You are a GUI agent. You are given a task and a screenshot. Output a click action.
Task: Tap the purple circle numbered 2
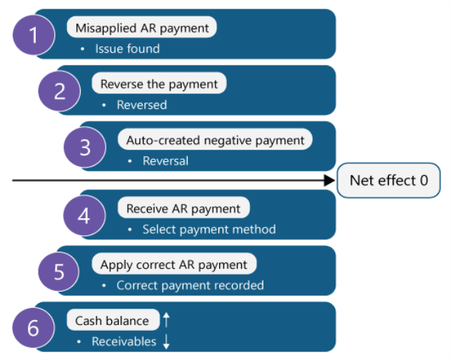(60, 91)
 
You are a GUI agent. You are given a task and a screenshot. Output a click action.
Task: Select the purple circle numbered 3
(85, 147)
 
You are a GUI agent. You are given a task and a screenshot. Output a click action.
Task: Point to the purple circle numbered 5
(60, 272)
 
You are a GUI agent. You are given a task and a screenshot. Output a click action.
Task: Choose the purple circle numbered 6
(34, 328)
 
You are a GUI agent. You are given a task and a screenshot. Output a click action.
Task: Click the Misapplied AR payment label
(142, 28)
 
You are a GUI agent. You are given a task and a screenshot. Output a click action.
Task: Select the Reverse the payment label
(159, 84)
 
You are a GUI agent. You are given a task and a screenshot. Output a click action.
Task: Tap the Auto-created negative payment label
(215, 140)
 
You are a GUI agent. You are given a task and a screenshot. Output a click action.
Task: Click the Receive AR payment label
(183, 208)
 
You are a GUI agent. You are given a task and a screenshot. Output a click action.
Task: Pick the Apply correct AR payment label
(173, 264)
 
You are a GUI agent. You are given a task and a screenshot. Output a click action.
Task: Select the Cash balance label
(112, 320)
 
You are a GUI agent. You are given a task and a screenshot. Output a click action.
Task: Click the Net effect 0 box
(389, 180)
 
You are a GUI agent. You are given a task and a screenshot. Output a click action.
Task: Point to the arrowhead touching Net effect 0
(330, 181)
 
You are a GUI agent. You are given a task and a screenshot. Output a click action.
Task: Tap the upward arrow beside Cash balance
(166, 320)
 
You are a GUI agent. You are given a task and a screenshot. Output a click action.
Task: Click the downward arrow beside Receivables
(166, 342)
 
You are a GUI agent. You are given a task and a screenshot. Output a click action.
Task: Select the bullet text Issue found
(127, 48)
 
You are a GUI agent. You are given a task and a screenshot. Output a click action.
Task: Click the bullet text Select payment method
(208, 230)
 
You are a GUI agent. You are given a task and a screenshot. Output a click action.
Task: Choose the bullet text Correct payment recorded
(190, 285)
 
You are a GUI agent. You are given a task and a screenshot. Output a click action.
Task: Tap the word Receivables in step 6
(123, 341)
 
